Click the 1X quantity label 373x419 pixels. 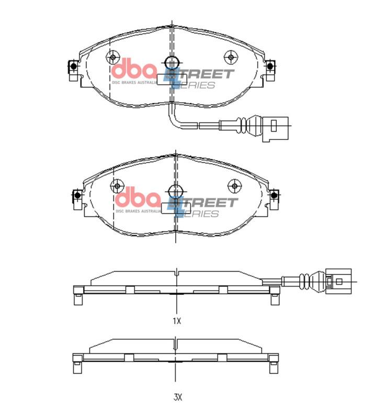[177, 321]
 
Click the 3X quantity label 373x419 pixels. [177, 397]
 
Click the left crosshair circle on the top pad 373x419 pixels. [112, 57]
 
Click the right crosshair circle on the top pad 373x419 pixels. [230, 57]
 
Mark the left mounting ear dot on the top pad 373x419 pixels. [73, 67]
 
